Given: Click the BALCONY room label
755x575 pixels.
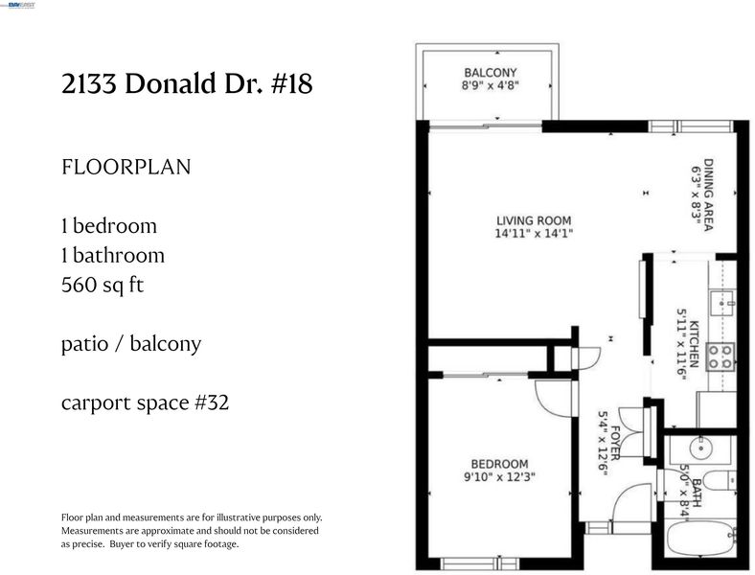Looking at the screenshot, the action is [491, 73].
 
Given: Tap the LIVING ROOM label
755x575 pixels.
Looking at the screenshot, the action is [534, 220].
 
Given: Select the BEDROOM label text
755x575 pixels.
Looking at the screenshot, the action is [499, 464].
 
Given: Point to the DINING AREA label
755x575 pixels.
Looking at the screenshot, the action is [708, 195].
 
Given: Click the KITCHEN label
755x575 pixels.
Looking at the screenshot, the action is [694, 344].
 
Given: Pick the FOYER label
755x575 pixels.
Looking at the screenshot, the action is [615, 443].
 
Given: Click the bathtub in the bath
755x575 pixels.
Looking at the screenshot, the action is [701, 538].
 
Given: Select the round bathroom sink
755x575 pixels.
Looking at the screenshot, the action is [701, 448].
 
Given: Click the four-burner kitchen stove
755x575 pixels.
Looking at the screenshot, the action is [721, 356].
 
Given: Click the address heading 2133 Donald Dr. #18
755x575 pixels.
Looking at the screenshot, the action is [187, 83].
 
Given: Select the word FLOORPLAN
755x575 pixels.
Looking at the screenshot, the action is [126, 167].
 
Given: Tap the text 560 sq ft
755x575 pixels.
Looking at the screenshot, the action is [103, 285].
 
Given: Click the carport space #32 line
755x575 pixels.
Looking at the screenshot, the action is [145, 402].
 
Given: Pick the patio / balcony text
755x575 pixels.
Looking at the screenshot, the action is [131, 344].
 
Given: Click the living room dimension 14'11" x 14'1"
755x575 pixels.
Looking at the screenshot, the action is [534, 234].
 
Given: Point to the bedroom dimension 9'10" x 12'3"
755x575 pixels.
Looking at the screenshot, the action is [499, 477].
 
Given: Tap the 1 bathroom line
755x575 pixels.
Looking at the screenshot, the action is [113, 255].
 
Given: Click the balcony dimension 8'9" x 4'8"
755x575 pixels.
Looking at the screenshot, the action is [491, 85].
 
